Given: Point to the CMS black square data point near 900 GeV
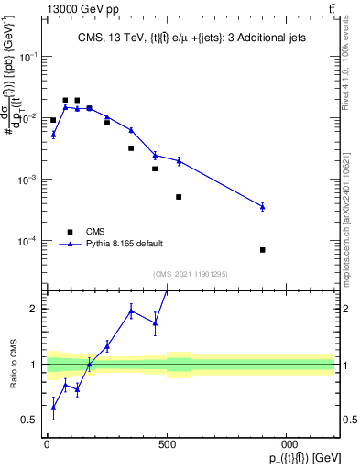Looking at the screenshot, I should (x=263, y=249).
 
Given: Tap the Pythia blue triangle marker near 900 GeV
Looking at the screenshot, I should (x=263, y=207).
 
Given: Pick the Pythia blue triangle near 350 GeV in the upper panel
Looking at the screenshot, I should (x=131, y=130).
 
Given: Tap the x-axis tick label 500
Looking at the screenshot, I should (x=167, y=444).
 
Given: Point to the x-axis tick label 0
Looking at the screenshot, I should (x=47, y=444).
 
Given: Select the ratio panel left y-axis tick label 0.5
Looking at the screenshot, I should (x=28, y=420).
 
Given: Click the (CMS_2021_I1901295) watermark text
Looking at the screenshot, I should (x=191, y=274).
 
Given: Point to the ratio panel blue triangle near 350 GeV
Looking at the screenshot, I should (x=131, y=311).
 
